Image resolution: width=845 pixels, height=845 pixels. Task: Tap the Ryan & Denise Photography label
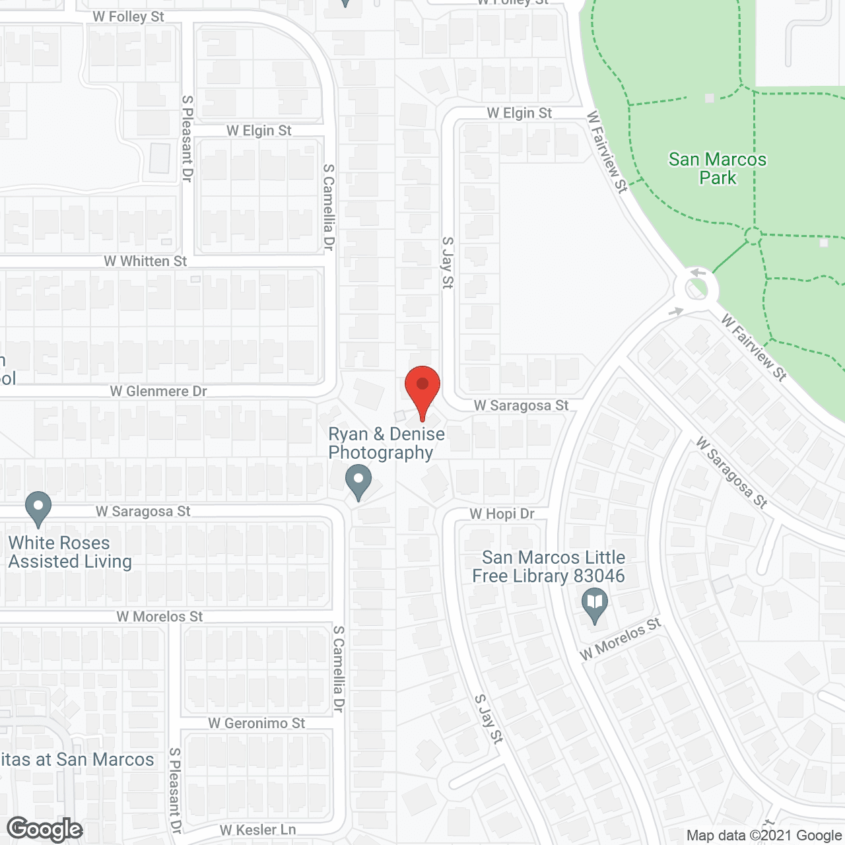click(x=386, y=443)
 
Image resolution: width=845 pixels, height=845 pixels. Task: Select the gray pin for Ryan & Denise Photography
click(x=358, y=482)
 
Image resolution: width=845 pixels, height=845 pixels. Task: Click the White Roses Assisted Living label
click(x=70, y=552)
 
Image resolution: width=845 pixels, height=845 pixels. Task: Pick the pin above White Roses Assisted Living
click(x=38, y=509)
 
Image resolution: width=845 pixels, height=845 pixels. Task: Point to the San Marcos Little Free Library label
click(x=548, y=566)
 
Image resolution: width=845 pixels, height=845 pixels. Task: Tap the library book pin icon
click(x=595, y=605)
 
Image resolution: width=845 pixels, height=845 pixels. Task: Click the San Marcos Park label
click(x=718, y=168)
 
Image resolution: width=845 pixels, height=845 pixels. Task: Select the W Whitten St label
click(x=145, y=261)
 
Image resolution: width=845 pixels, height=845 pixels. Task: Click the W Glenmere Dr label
click(x=158, y=391)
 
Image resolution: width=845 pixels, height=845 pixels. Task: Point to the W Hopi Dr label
click(x=502, y=514)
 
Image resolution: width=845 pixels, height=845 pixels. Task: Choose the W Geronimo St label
click(x=257, y=724)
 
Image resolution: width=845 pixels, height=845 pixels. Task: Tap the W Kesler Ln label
click(x=257, y=830)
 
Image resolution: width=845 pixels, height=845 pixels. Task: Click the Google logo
click(x=45, y=829)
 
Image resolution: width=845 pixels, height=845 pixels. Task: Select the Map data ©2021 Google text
click(x=764, y=836)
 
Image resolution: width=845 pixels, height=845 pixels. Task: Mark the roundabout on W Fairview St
click(x=696, y=288)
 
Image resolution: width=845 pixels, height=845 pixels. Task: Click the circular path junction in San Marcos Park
click(x=753, y=234)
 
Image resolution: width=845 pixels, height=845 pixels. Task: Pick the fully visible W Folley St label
click(x=128, y=17)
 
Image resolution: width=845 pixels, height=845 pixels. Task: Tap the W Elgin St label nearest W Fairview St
click(x=519, y=113)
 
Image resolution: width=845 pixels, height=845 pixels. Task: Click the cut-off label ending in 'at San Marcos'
click(x=77, y=760)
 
